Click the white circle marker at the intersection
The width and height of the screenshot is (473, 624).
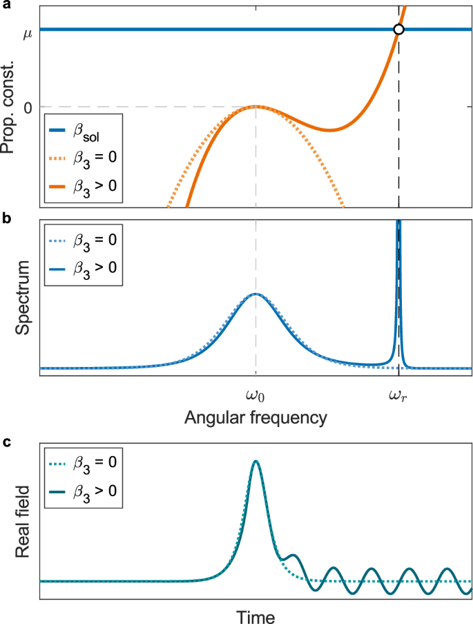tap(398, 29)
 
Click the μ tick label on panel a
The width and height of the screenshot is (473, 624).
tap(28, 30)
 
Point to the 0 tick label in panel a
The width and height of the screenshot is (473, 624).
tap(28, 106)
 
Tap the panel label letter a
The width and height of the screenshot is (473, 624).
tap(5, 6)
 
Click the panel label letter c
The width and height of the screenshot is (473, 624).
tap(5, 443)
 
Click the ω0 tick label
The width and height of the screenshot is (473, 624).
tap(255, 396)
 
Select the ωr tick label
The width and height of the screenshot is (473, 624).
tap(398, 396)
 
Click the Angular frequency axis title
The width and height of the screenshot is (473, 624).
tap(255, 418)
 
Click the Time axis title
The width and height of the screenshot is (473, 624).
tap(255, 616)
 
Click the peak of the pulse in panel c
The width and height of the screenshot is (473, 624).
tap(256, 461)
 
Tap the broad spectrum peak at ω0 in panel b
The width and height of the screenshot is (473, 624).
tap(255, 294)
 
